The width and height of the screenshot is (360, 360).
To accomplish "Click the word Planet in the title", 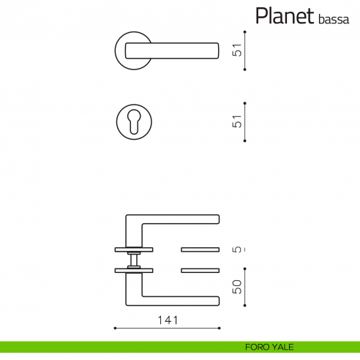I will (x=285, y=16).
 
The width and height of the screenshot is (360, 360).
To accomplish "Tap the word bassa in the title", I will (x=333, y=19).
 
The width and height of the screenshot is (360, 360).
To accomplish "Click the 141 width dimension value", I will (x=168, y=320).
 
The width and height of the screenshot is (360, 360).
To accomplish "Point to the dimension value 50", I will (x=236, y=286).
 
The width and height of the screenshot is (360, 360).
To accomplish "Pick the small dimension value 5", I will (x=236, y=249).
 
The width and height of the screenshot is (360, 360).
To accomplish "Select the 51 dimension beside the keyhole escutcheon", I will (x=236, y=123).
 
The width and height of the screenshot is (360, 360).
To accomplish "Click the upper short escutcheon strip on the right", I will (x=199, y=249).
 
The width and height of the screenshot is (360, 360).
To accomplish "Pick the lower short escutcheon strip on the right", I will (x=199, y=270).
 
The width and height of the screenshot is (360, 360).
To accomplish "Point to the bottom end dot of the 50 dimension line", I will (x=244, y=307).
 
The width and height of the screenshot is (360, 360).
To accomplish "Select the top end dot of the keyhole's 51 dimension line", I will (x=244, y=103).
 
